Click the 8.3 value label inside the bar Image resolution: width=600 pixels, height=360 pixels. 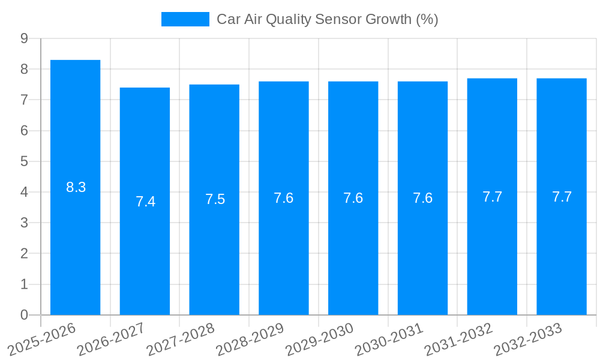click(x=76, y=187)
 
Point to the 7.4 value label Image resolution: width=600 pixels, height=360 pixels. click(x=146, y=202)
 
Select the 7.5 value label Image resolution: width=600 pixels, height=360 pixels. click(x=215, y=199)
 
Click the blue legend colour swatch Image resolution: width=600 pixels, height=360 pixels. click(x=185, y=19)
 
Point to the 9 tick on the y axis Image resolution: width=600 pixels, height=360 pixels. click(x=24, y=38)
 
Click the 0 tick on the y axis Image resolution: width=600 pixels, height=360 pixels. click(x=24, y=315)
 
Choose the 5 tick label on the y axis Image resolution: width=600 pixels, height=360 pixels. click(x=24, y=161)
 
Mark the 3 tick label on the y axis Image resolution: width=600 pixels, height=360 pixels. click(x=24, y=223)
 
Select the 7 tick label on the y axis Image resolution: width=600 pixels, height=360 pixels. click(x=24, y=100)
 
